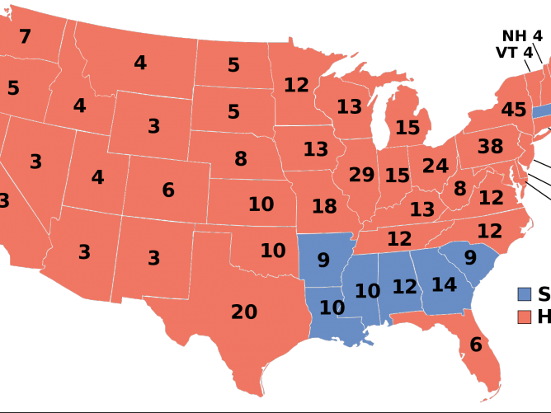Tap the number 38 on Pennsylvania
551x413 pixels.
[x=490, y=147]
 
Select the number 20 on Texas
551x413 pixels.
[x=244, y=312]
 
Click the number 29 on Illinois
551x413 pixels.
[x=361, y=175]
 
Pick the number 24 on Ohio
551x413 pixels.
[x=435, y=166]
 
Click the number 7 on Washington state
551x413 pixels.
[x=25, y=36]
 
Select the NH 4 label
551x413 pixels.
[x=522, y=35]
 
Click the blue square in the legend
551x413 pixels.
[x=525, y=294]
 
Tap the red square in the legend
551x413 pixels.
[x=525, y=317]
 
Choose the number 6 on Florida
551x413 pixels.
[x=475, y=345]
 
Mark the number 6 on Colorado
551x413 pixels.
[x=168, y=190]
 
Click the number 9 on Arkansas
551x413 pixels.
[x=323, y=260]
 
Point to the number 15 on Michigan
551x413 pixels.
[x=407, y=128]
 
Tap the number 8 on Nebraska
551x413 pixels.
[x=240, y=158]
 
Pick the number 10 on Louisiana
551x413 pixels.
[x=332, y=308]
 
